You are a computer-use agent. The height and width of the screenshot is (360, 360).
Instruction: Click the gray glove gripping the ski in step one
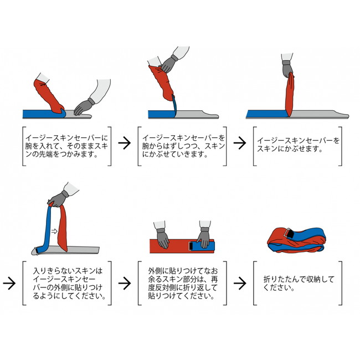[x=83, y=107]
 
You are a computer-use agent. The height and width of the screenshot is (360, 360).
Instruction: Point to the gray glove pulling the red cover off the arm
[x=168, y=64]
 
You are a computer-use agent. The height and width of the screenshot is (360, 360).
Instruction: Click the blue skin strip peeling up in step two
[x=175, y=106]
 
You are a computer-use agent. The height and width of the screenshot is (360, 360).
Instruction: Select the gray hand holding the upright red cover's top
[x=287, y=69]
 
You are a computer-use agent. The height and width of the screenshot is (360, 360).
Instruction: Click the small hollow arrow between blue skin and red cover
[x=54, y=231]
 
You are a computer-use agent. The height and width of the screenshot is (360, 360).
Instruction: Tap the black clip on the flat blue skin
[x=191, y=246]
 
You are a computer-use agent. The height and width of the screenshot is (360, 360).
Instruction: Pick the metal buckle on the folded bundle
[x=289, y=233]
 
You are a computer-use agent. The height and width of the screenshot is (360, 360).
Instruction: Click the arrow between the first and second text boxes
[x=125, y=143]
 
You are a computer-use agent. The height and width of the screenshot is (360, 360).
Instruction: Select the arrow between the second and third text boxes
[x=240, y=143]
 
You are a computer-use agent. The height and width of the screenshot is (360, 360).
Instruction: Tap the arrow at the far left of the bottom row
[x=9, y=283]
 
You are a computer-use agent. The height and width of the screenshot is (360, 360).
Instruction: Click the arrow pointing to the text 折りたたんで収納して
[x=240, y=283]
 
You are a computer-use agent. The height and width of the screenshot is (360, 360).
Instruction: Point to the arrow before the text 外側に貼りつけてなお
[x=125, y=283]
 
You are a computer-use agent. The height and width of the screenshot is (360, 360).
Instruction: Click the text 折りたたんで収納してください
[x=299, y=284]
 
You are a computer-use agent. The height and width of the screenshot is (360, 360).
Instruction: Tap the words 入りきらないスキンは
[x=68, y=271]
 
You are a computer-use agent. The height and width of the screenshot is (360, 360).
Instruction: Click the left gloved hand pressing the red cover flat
[x=163, y=238]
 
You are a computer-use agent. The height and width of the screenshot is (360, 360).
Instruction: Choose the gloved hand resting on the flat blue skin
[x=203, y=238]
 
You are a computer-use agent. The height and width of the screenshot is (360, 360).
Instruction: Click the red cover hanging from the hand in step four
[x=63, y=228]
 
